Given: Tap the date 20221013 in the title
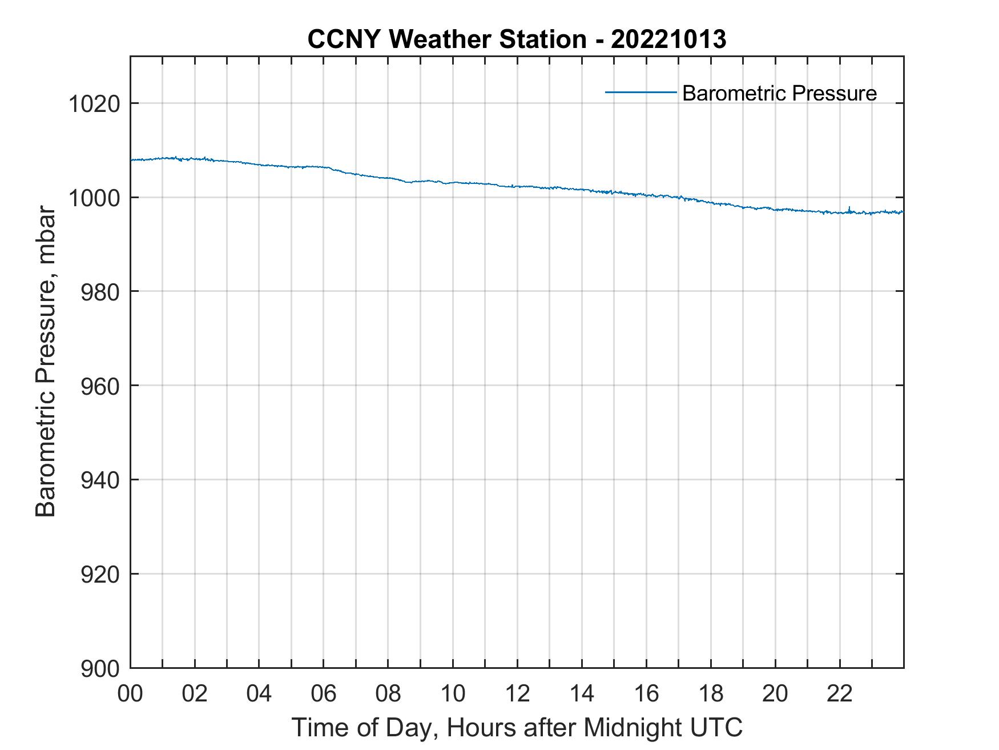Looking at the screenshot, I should click(668, 39).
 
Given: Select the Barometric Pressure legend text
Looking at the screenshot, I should click(779, 93).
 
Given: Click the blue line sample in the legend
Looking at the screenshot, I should click(641, 92).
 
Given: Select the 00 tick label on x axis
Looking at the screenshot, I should click(130, 693).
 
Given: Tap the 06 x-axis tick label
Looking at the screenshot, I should click(324, 693).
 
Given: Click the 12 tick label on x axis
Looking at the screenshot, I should click(517, 693).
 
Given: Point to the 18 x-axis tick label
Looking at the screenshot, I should click(711, 693).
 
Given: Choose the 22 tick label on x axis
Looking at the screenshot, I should click(840, 693).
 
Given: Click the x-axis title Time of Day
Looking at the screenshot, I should click(517, 727).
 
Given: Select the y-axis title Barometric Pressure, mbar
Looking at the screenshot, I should click(46, 362).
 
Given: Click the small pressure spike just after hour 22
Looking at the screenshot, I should click(849, 208).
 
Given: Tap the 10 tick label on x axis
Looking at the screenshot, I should click(453, 693).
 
